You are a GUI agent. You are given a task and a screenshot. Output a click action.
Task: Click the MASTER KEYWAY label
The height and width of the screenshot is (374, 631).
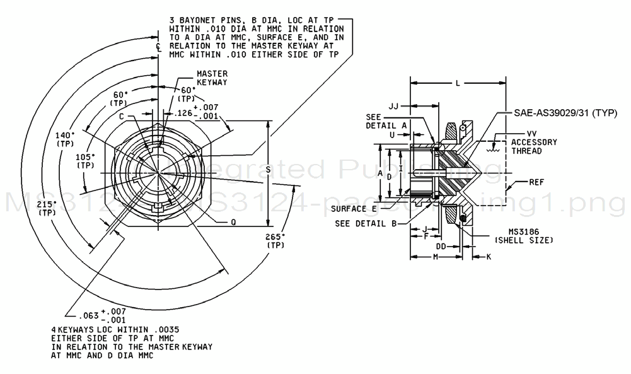(212, 78)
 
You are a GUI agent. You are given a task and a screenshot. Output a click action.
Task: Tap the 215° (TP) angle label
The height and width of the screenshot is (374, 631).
(47, 208)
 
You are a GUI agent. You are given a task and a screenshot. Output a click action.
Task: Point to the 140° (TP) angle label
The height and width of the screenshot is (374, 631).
(64, 139)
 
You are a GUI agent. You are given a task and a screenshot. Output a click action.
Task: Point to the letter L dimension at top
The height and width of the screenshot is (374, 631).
(458, 83)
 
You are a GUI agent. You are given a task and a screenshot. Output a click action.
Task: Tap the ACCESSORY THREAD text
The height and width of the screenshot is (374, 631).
(533, 146)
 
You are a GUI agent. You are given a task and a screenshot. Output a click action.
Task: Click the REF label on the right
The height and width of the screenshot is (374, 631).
(536, 183)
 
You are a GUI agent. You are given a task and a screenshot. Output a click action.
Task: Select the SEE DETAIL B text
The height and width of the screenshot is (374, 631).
(365, 223)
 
